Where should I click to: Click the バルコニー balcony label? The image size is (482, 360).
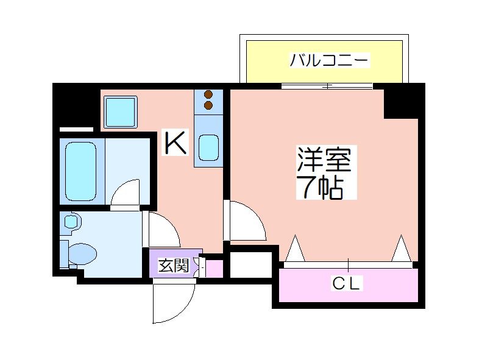click(x=329, y=60)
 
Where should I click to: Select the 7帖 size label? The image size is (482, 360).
click(x=319, y=189)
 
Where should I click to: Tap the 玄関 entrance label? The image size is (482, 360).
click(x=174, y=266)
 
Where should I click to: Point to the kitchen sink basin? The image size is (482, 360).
click(x=208, y=146)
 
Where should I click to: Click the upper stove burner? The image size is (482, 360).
click(x=208, y=95)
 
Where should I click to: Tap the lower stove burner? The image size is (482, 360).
click(x=208, y=106)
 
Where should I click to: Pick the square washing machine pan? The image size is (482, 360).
click(x=119, y=111)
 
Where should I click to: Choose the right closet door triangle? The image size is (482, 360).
click(x=400, y=250)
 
